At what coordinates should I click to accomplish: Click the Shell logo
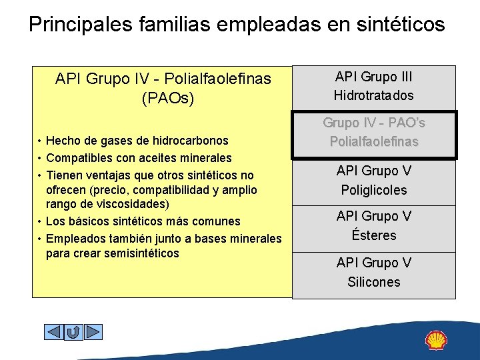coord(437,340)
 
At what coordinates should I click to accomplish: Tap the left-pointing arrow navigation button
coord(53,331)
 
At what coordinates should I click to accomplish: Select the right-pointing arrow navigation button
coord(93,331)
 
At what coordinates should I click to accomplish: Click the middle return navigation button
coord(73,331)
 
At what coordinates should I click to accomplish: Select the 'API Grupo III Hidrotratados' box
coord(373,86)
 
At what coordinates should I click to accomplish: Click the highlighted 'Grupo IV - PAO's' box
coord(373,133)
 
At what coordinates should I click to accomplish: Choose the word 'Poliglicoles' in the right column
coord(373,190)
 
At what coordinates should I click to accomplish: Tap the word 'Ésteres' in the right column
coord(373,235)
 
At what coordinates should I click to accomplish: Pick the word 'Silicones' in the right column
coord(373,282)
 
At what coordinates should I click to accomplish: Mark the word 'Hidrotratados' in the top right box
coord(373,95)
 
